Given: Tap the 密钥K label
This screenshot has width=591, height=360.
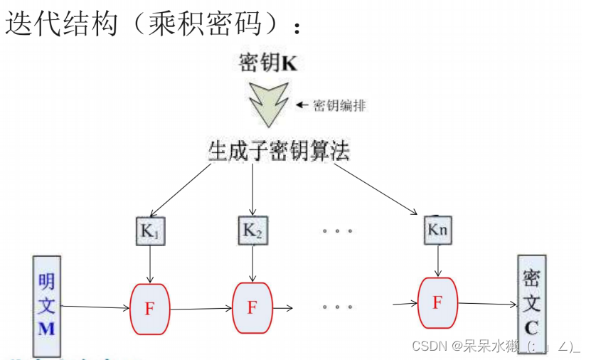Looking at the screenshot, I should tap(268, 63).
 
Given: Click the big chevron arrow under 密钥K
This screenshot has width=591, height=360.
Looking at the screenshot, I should tap(268, 103).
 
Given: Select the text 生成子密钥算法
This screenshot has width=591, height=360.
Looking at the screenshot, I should tap(278, 151).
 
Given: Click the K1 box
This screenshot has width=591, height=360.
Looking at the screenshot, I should tap(150, 231).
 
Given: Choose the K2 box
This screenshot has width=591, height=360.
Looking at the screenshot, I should tap(252, 230).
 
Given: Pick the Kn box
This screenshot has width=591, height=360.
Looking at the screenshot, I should tap(437, 231).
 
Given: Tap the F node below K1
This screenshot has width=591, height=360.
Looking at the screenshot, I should tap(149, 308).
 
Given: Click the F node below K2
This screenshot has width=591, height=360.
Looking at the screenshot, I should tap(252, 307).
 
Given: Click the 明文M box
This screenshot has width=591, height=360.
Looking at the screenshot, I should tap(47, 304).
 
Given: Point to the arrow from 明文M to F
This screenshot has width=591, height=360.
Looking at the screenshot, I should tap(95, 307).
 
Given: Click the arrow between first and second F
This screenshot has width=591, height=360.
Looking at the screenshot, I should tap(201, 309).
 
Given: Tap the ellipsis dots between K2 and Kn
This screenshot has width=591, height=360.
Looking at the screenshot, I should tap(337, 231).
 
